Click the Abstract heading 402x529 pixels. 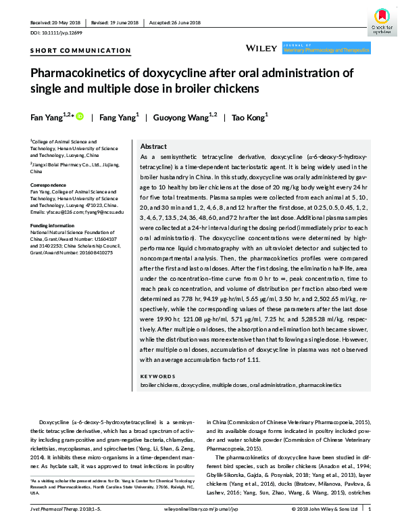click(153, 147)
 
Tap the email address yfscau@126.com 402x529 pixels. click(58, 212)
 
